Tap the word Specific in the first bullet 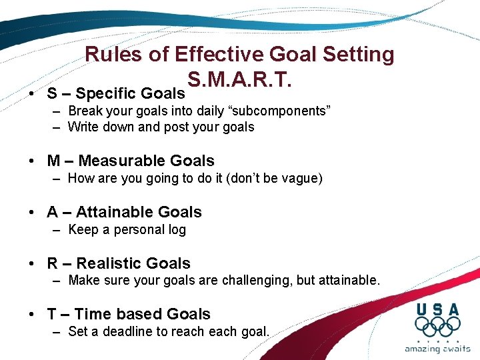click(x=107, y=93)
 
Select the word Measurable click(x=127, y=161)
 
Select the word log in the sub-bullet click(x=176, y=229)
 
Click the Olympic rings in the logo click(x=437, y=327)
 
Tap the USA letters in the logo click(x=437, y=309)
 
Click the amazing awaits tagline click(x=437, y=349)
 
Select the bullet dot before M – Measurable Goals click(x=32, y=161)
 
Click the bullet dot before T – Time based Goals click(x=32, y=315)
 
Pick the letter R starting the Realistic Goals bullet click(x=53, y=263)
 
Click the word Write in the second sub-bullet click(x=83, y=127)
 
